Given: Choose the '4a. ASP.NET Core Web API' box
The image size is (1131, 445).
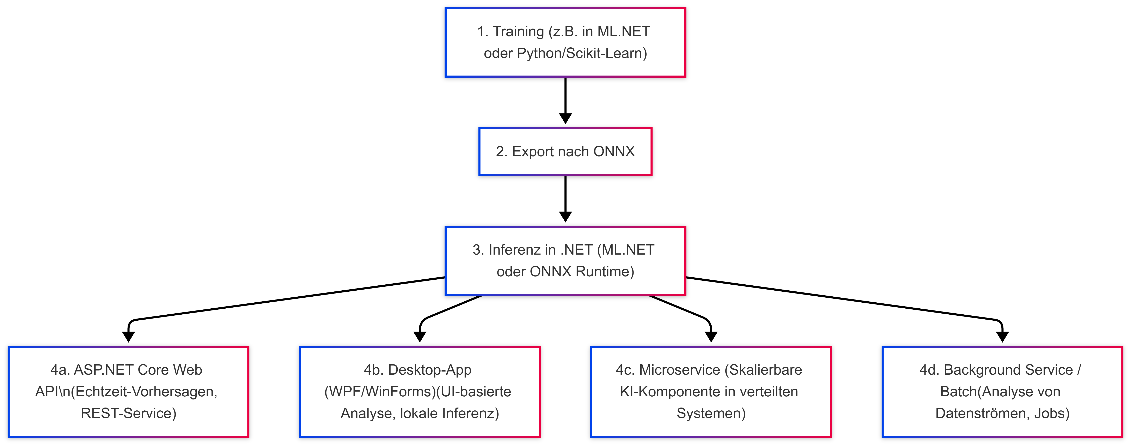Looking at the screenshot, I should click(x=128, y=391).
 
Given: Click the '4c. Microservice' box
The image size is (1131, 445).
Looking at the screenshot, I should click(x=711, y=391).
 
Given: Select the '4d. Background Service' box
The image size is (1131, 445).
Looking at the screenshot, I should click(x=1002, y=391).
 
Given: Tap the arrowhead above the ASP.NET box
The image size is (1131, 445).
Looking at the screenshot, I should click(x=128, y=337).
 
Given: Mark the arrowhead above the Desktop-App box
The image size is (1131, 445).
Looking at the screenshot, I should click(x=420, y=337).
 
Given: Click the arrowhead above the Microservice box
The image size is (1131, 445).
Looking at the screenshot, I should click(x=711, y=337).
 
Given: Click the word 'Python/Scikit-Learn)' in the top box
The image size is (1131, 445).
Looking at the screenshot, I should click(x=582, y=53).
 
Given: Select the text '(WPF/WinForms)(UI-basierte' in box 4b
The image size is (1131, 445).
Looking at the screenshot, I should click(x=417, y=391).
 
